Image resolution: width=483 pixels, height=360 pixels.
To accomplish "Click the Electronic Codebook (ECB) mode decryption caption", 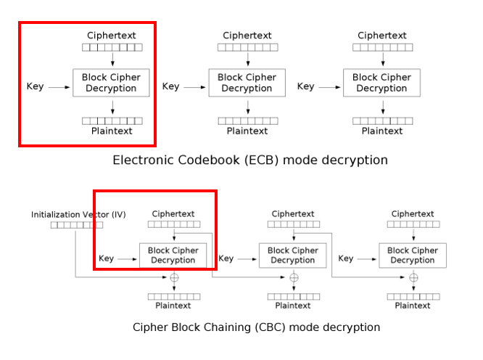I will pyautogui.click(x=249, y=160).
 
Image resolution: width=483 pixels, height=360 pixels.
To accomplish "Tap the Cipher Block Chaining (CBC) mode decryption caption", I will pyautogui.click(x=256, y=327).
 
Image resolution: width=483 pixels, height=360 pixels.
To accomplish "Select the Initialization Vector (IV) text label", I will pyautogui.click(x=78, y=214).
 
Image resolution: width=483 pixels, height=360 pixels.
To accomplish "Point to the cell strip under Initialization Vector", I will pyautogui.click(x=77, y=225).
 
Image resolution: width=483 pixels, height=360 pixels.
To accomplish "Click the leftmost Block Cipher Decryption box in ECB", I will pyautogui.click(x=111, y=83).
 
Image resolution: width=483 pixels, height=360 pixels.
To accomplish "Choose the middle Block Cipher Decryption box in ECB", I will pyautogui.click(x=247, y=83).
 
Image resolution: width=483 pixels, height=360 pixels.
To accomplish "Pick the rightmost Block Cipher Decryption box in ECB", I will pyautogui.click(x=381, y=83).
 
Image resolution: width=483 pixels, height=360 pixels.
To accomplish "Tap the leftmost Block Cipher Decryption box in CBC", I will pyautogui.click(x=173, y=255).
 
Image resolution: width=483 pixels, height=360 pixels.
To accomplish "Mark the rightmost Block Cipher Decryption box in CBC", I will pyautogui.click(x=412, y=255).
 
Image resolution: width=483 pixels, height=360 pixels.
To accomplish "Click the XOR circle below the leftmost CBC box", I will pyautogui.click(x=174, y=277).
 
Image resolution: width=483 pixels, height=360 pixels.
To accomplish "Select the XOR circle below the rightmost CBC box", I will pyautogui.click(x=413, y=277).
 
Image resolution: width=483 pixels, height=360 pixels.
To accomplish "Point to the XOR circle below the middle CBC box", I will pyautogui.click(x=294, y=277).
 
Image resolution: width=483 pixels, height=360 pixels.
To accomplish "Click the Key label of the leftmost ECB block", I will pyautogui.click(x=35, y=86).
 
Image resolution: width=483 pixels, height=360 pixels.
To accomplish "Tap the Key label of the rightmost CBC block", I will pyautogui.click(x=346, y=258).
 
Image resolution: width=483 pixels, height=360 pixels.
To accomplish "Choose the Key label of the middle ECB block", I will pyautogui.click(x=170, y=86).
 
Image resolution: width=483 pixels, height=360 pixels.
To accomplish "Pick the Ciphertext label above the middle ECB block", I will pyautogui.click(x=247, y=36).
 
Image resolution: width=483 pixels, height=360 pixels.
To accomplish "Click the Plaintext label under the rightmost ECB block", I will pyautogui.click(x=382, y=131).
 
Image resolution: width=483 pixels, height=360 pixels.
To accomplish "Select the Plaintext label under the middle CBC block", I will pyautogui.click(x=293, y=306).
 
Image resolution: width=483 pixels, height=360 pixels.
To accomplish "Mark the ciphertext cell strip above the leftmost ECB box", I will pyautogui.click(x=112, y=47).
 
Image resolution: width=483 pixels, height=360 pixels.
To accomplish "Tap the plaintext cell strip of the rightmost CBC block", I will pyautogui.click(x=413, y=296).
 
